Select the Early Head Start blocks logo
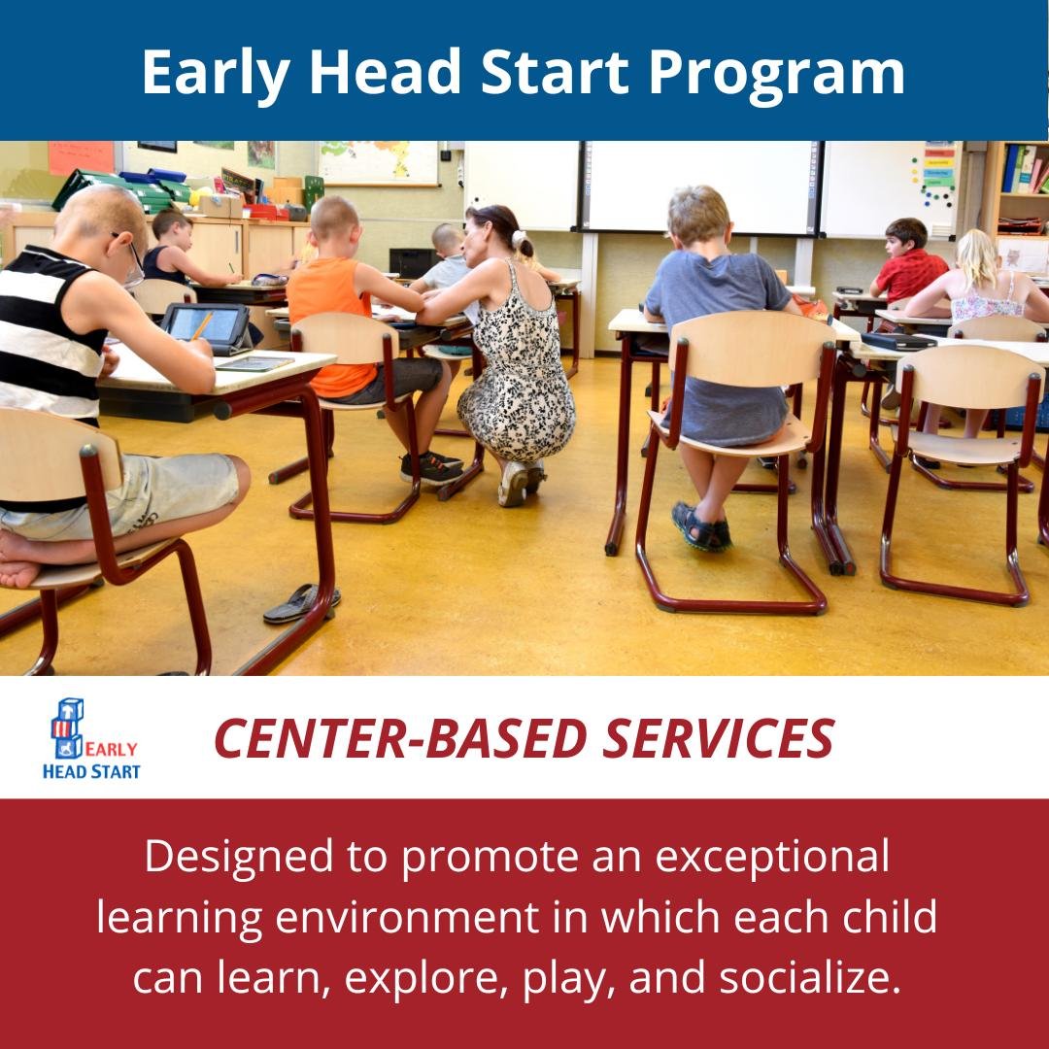pyautogui.click(x=91, y=738)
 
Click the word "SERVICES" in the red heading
pyautogui.click(x=719, y=738)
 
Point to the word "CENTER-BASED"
pyautogui.click(x=400, y=738)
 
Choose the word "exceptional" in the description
pyautogui.click(x=772, y=857)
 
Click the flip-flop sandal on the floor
pyautogui.click(x=301, y=603)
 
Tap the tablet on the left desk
pyautogui.click(x=205, y=325)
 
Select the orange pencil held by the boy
pyautogui.click(x=201, y=325)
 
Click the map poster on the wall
pyautogui.click(x=378, y=162)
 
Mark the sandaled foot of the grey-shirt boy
pyautogui.click(x=702, y=527)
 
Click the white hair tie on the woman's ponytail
pyautogui.click(x=519, y=238)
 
